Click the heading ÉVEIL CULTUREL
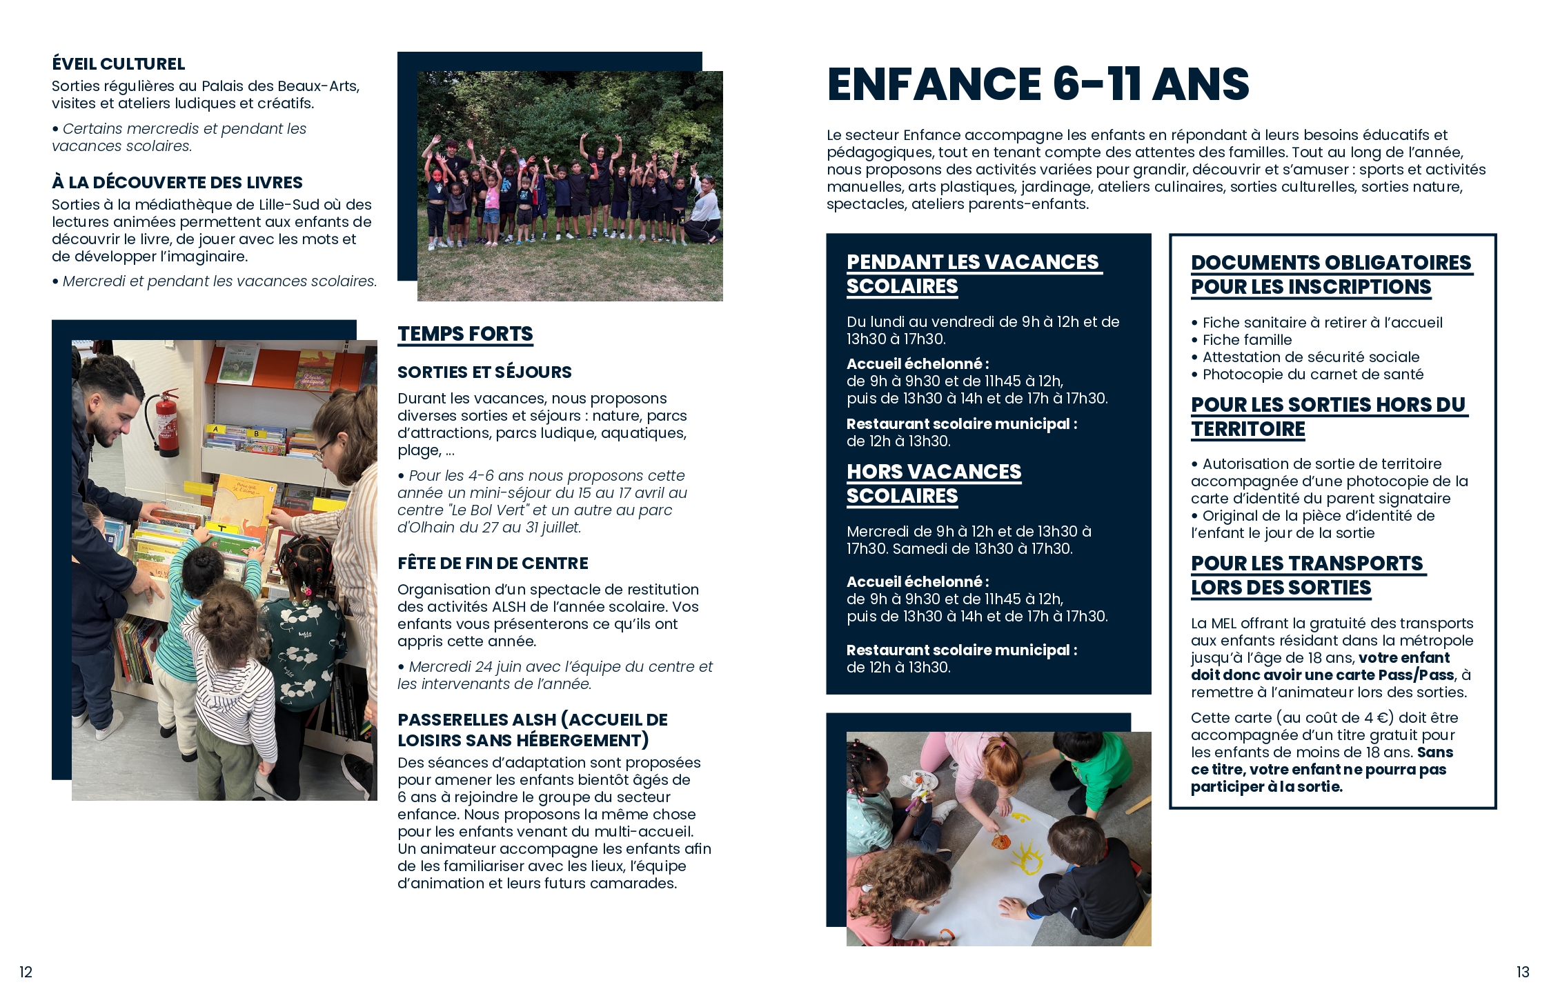point(118,64)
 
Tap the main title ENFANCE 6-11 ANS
point(1037,84)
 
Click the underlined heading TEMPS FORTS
point(465,334)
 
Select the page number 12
point(26,972)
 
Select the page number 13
point(1523,972)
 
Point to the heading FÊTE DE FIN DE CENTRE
point(493,563)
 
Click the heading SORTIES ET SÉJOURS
point(484,372)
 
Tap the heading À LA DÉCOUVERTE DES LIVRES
point(177,183)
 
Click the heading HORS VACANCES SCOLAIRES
point(934,483)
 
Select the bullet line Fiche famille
point(1247,340)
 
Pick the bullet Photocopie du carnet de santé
point(1312,375)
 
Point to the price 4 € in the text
point(1372,718)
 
